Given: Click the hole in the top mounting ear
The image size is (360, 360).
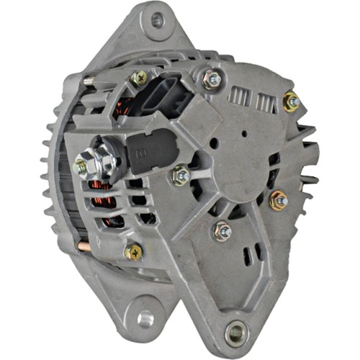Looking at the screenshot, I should pos(156,20).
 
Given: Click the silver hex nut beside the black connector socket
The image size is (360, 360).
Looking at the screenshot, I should pos(211,81).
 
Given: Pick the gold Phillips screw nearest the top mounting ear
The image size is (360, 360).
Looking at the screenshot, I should pos(138,78).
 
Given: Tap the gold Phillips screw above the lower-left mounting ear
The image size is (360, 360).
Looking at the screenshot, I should pos(132,251).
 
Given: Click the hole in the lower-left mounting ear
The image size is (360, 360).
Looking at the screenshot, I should pos(145,318).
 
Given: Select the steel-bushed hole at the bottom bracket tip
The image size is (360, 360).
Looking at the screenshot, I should pos(235,332).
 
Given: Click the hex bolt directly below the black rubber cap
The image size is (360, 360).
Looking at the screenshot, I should pos(180,175).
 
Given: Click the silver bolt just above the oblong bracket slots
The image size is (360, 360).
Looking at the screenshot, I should pos(222,230).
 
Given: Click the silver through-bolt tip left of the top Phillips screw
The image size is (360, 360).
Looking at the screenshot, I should pos(88,81).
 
